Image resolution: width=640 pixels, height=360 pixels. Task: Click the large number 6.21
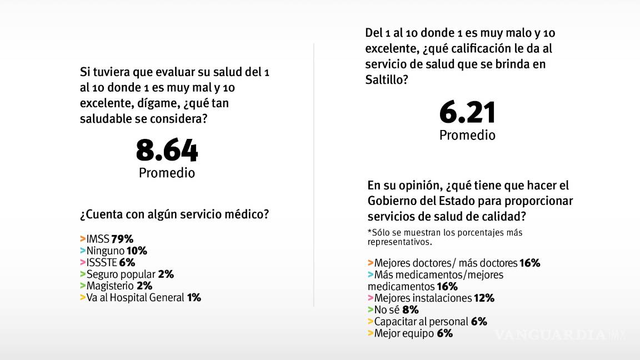pos(467,113)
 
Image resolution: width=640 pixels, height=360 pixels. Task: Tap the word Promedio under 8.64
pos(167,173)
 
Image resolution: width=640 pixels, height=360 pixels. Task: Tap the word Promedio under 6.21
pos(467,135)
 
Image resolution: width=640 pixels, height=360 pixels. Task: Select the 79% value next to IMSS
pos(122,239)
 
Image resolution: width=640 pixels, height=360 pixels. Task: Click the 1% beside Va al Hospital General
pos(194,297)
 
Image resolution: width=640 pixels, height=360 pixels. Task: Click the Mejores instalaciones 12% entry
pos(431,298)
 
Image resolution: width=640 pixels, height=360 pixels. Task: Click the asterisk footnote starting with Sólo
pos(444,237)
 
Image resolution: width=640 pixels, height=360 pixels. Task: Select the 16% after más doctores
pos(529,263)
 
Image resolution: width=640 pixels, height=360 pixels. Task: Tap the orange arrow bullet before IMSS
pos(82,239)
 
